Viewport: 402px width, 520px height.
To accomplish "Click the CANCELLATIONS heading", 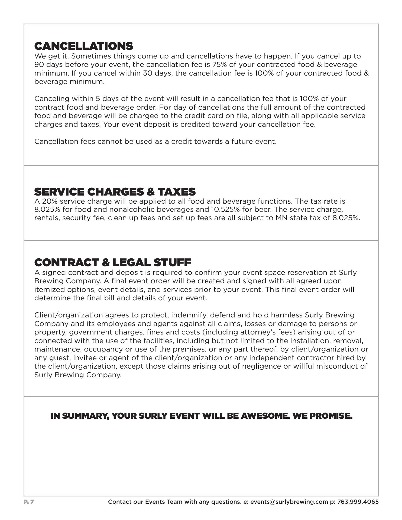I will [83, 46].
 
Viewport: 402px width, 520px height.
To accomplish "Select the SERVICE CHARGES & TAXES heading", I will [115, 192].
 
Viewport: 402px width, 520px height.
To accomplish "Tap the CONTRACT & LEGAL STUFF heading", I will [112, 262].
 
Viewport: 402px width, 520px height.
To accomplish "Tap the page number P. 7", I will [29, 502].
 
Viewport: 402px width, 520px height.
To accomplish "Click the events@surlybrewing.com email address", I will [289, 502].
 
